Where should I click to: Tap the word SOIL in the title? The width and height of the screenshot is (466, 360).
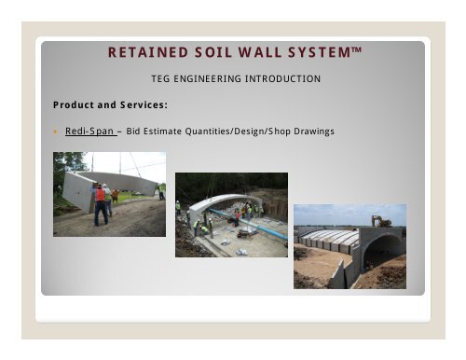coord(207,52)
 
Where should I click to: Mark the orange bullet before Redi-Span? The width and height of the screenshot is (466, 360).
coord(55,132)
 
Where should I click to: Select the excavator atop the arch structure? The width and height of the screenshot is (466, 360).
coord(381,221)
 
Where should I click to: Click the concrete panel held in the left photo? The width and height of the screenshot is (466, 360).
coord(126,186)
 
